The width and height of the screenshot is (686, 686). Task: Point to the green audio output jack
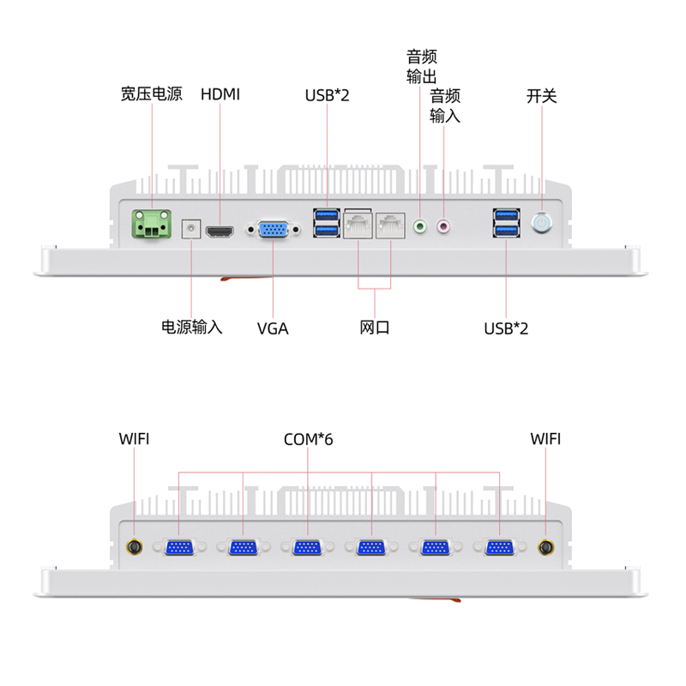pyautogui.click(x=420, y=227)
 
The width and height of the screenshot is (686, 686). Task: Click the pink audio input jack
pyautogui.click(x=443, y=227)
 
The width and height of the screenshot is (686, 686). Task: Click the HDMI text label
pyautogui.click(x=220, y=94)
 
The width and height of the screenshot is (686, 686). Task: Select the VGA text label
pyautogui.click(x=273, y=328)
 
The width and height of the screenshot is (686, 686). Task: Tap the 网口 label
pyautogui.click(x=375, y=328)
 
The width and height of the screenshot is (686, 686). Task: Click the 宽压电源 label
pyautogui.click(x=152, y=94)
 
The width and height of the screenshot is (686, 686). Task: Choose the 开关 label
pyautogui.click(x=542, y=94)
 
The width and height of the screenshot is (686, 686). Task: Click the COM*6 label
pyautogui.click(x=308, y=439)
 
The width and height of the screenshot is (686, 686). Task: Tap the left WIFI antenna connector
pyautogui.click(x=135, y=548)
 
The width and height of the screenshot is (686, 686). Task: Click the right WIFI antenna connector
pyautogui.click(x=545, y=548)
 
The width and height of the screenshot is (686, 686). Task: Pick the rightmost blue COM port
pyautogui.click(x=499, y=547)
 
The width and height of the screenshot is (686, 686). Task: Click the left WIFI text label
pyautogui.click(x=135, y=439)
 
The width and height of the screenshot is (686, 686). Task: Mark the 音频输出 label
pyautogui.click(x=422, y=67)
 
